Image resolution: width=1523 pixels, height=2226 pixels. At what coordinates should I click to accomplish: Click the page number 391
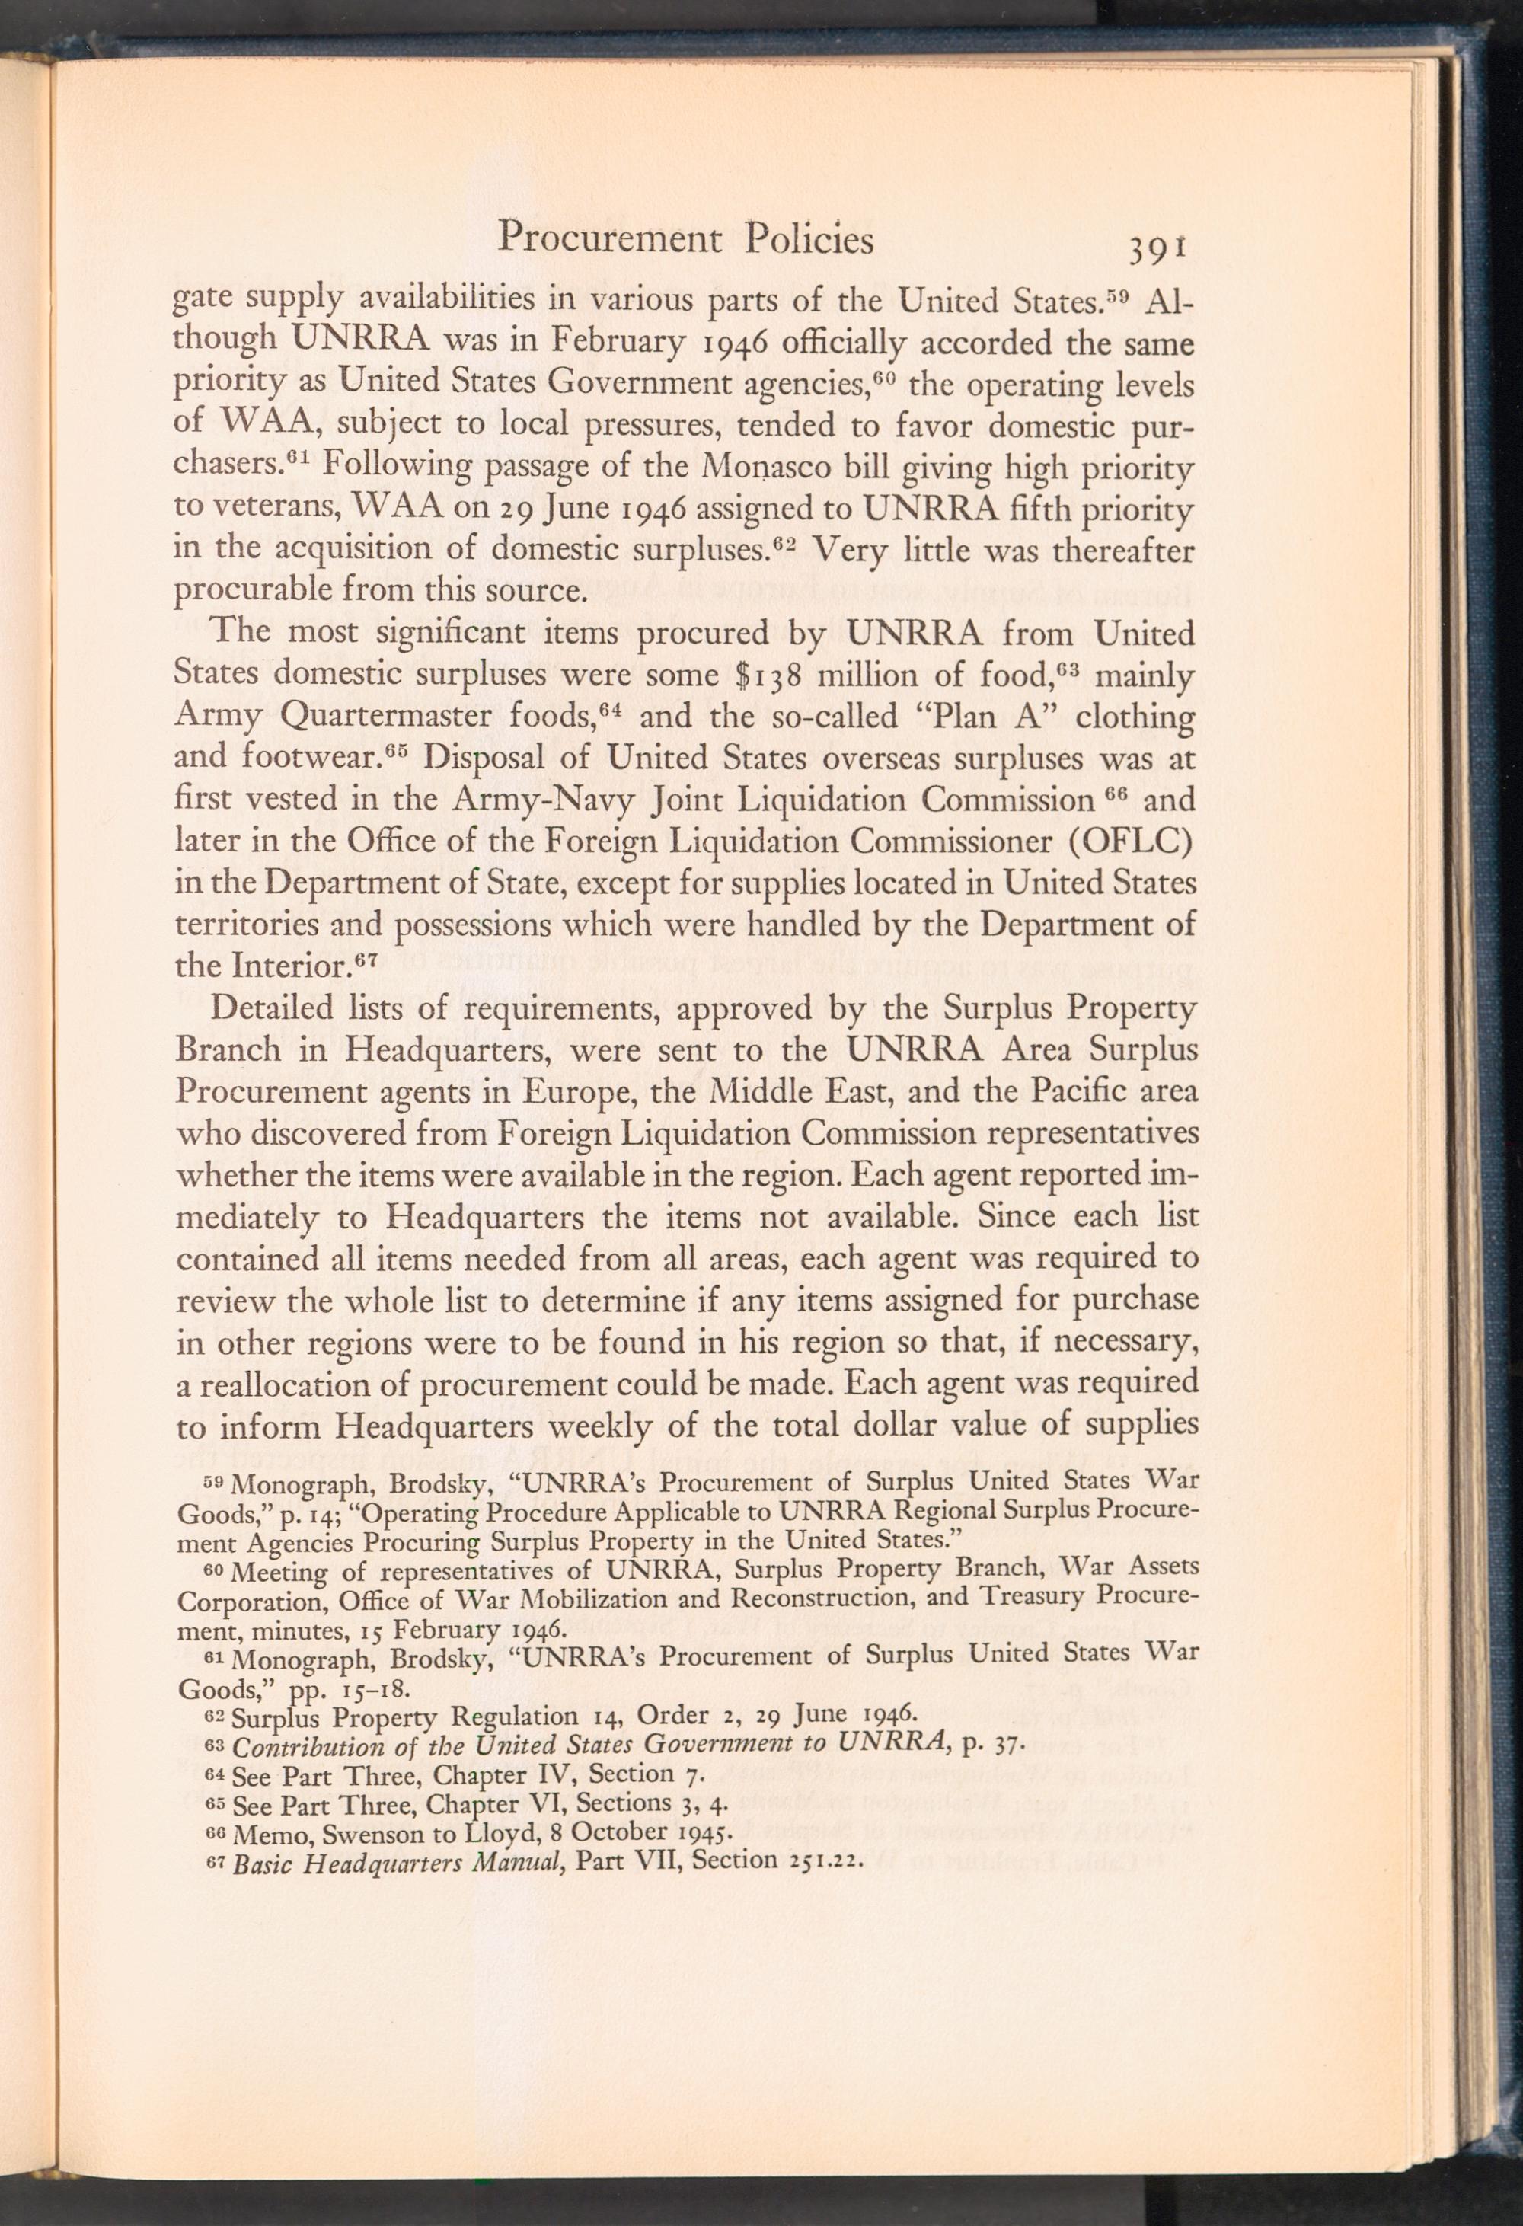[1157, 249]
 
